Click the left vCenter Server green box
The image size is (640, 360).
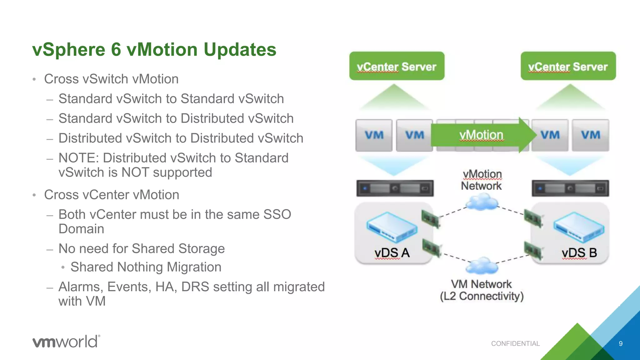[397, 66]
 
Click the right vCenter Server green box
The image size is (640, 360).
[568, 66]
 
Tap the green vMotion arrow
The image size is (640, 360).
[481, 135]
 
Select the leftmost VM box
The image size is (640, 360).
[374, 135]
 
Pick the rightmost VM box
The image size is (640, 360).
[590, 135]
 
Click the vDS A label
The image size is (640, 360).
[392, 253]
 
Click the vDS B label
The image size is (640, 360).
[579, 253]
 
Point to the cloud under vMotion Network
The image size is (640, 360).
[482, 202]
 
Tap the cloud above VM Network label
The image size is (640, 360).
[482, 266]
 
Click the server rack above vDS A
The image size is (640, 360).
[395, 188]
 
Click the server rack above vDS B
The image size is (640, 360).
[570, 188]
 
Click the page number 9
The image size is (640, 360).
[621, 344]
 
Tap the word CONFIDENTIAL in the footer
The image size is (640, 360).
[515, 344]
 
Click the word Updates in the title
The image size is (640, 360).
[240, 50]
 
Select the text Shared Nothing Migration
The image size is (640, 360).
[146, 267]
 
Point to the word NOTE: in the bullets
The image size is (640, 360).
[79, 158]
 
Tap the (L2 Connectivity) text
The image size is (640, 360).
[482, 296]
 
